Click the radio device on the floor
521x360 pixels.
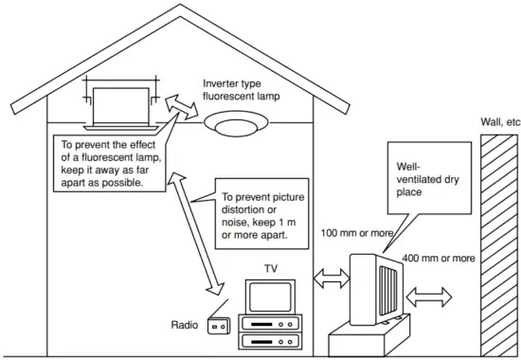click(x=220, y=326)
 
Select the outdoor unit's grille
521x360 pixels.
click(x=389, y=285)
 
